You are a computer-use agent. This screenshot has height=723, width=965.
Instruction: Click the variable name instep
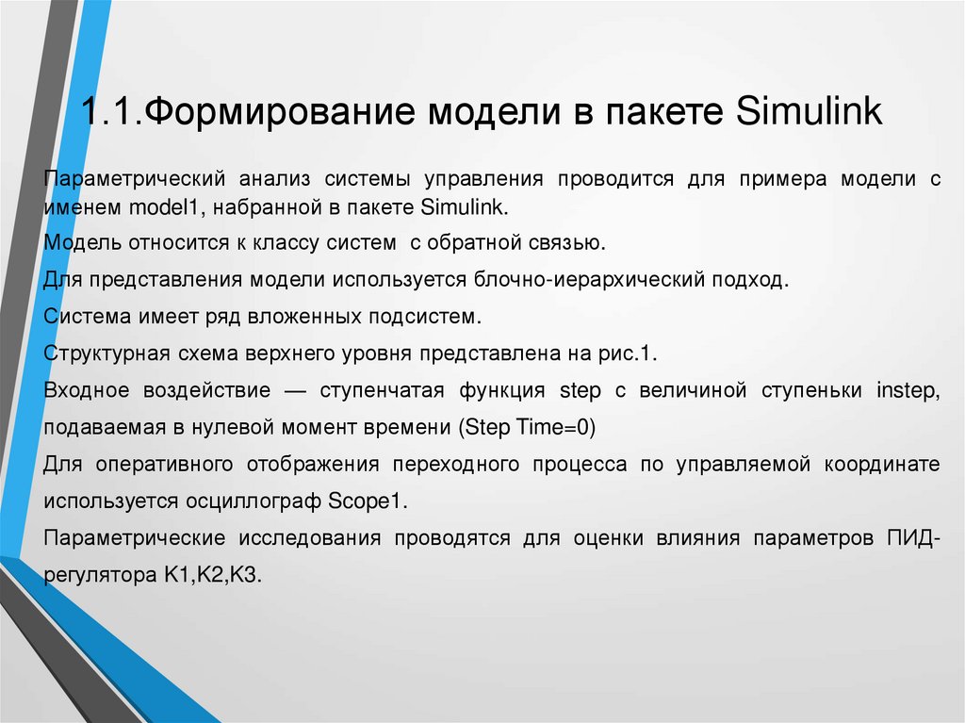[x=908, y=390]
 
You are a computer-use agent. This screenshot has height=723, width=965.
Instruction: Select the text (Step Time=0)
[x=528, y=427]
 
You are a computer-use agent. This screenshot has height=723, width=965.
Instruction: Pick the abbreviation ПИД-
[x=911, y=538]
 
